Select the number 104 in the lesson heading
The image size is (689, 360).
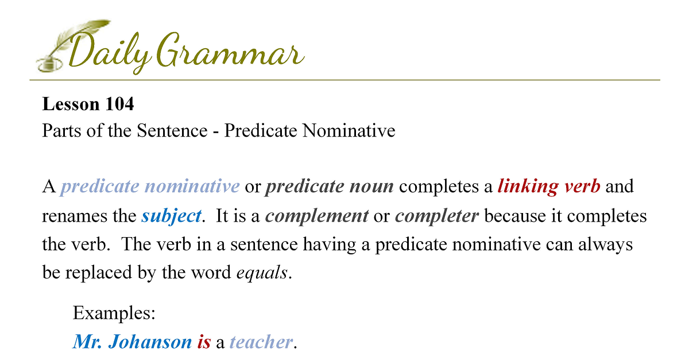click(x=119, y=104)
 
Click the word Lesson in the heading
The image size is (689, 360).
click(x=71, y=104)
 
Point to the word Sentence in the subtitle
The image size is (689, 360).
click(x=172, y=130)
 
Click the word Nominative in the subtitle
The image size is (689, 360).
click(x=349, y=130)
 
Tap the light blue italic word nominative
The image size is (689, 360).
click(x=192, y=186)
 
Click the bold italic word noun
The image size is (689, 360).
click(x=371, y=187)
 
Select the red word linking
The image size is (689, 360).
click(x=528, y=187)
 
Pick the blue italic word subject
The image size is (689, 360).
click(x=171, y=216)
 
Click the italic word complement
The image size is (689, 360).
click(x=317, y=216)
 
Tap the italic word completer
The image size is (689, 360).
click(x=437, y=216)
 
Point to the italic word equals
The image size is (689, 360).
click(x=262, y=273)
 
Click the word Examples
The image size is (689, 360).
click(x=114, y=313)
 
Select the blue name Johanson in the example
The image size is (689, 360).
click(x=150, y=342)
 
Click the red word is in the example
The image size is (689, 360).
click(x=204, y=342)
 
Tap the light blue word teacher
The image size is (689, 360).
click(x=261, y=342)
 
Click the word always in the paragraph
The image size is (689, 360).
click(x=605, y=245)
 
